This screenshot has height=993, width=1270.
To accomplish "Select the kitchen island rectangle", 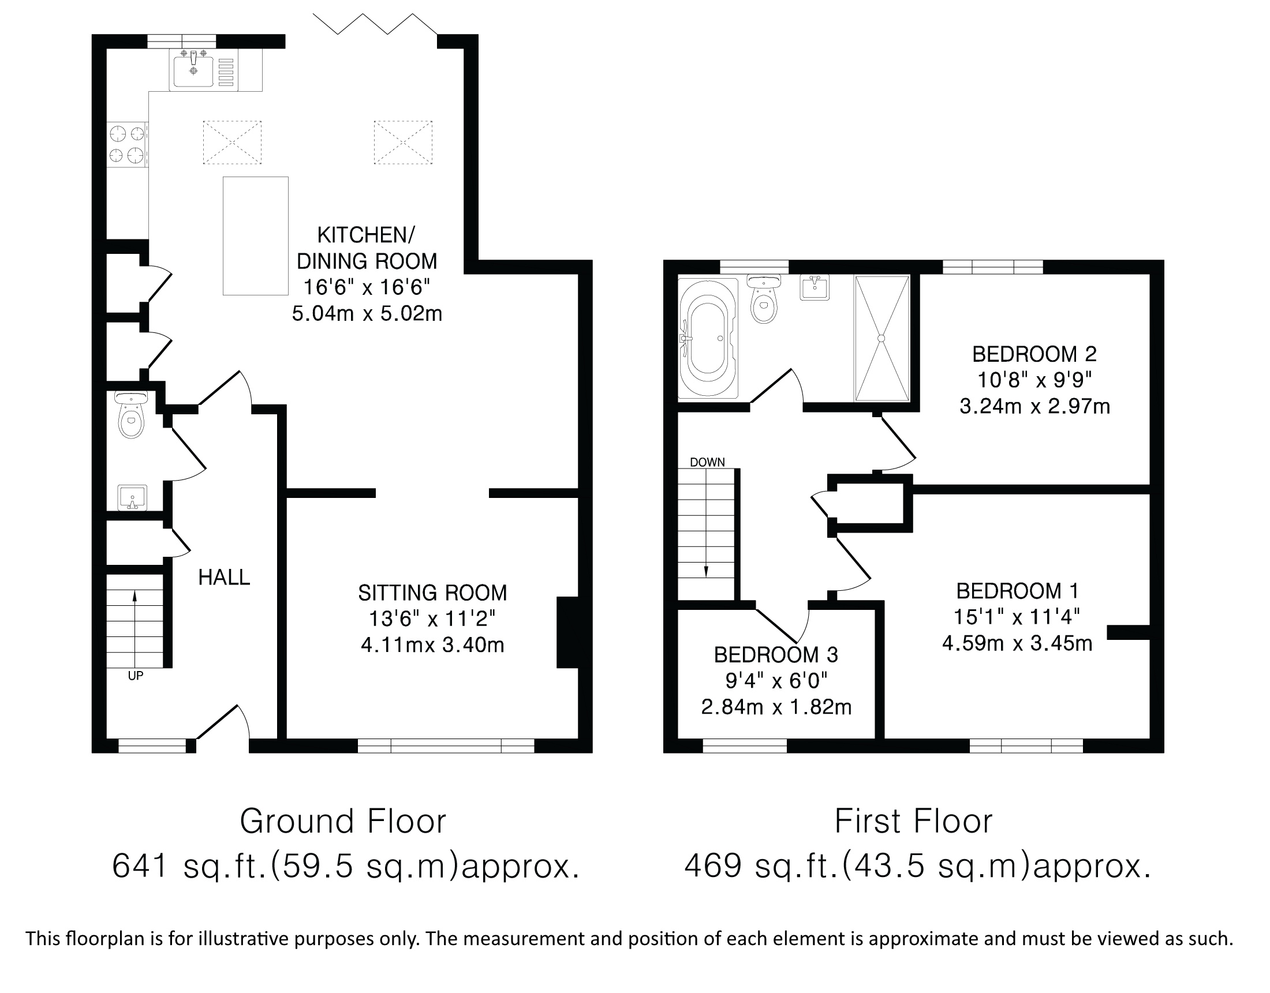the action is tap(255, 236).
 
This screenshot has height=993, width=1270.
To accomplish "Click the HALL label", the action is tap(224, 578).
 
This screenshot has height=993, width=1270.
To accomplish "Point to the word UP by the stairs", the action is tap(136, 676).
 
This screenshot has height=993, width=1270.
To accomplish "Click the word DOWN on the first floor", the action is tap(707, 462).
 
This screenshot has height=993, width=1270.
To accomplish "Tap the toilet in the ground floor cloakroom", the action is tap(132, 414).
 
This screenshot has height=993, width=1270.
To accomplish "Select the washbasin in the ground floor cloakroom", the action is tap(132, 498).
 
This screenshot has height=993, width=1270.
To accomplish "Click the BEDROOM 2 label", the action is tap(1034, 354).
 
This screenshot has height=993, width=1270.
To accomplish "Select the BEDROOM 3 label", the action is tap(776, 655).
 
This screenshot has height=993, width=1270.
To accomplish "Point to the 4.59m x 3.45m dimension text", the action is tap(1017, 643).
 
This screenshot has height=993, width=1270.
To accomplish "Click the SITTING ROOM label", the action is tap(432, 593).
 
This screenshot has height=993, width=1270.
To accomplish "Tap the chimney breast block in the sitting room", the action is tap(567, 632).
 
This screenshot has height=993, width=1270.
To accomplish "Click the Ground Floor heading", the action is tap(343, 822).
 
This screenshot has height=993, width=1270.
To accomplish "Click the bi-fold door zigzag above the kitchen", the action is tap(375, 24).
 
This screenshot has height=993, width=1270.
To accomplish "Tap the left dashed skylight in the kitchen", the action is tap(232, 143).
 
